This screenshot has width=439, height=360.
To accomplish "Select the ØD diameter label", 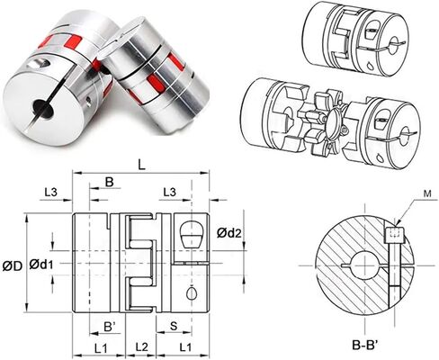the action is (x=13, y=265).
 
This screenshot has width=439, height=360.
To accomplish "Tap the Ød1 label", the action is (x=41, y=265).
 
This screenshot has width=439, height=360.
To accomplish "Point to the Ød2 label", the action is (x=229, y=233).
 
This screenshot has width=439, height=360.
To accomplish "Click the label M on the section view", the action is (x=427, y=193).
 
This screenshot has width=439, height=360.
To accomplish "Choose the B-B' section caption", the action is (x=365, y=346).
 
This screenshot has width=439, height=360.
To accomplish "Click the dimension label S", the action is (x=174, y=326).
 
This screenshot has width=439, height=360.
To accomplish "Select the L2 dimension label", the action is (x=141, y=347).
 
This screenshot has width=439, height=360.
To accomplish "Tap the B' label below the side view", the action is (x=110, y=327).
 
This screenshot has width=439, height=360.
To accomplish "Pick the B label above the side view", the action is (x=110, y=182).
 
